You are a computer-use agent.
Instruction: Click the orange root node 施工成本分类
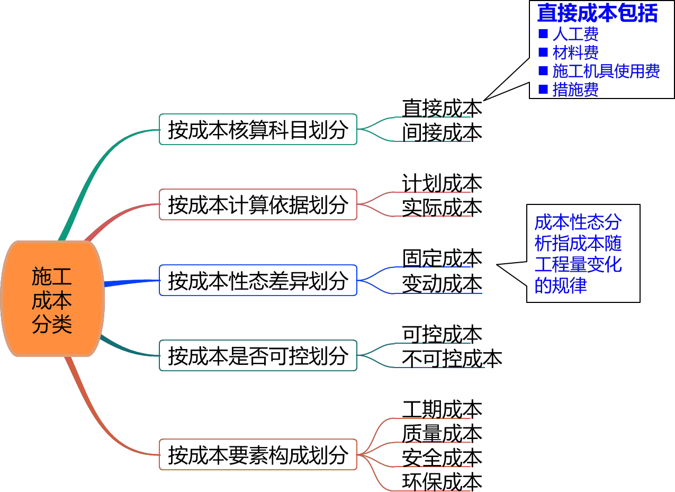point(52,299)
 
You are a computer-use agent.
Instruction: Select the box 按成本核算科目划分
point(258,129)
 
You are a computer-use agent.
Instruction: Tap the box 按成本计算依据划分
point(258,204)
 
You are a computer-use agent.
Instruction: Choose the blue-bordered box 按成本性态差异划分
point(258,280)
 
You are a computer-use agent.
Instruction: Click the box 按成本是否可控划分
point(258,355)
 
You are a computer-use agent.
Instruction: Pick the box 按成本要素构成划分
point(258,454)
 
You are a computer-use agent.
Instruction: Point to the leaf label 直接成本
point(442,108)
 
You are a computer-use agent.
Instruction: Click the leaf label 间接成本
point(442,132)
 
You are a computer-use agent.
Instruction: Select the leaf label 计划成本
point(442,183)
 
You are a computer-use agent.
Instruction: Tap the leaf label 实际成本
point(442,208)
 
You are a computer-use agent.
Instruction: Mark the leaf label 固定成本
point(442,258)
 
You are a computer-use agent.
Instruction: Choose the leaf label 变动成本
point(442,283)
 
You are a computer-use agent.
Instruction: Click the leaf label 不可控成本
point(452,359)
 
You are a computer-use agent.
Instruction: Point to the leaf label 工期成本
point(442,409)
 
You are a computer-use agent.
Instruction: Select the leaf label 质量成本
point(442,433)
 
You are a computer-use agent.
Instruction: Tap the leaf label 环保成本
point(442,482)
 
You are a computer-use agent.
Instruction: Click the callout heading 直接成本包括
point(597,13)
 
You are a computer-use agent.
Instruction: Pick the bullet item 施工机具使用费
point(606,71)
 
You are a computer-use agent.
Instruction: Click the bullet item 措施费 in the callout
point(575,90)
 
